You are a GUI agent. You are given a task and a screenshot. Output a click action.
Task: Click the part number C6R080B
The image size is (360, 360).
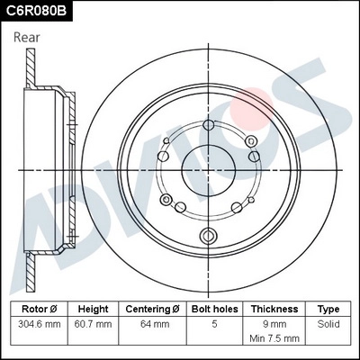pos(39,12)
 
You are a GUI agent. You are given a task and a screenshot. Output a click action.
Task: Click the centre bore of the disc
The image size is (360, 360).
pos(208,167)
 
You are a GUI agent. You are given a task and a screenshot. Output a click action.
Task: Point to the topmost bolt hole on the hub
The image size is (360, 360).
pos(209,127)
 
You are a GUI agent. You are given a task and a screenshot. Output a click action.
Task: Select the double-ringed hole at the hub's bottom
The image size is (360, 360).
pos(209,238)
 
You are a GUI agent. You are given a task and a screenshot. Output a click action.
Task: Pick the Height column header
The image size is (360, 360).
pos(94,309)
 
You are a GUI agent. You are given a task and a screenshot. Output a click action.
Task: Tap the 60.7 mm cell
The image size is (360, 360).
pos(94,324)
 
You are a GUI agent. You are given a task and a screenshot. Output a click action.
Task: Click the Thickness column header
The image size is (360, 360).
pos(274,309)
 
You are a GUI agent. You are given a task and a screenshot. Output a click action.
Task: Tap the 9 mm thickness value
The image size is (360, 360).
pos(274,324)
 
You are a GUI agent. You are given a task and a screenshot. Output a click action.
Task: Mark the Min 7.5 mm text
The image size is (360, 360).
pos(274,337)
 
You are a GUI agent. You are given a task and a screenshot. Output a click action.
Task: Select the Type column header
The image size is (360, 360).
pos(328,309)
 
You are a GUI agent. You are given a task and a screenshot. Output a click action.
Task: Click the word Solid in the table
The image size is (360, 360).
pos(328,324)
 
